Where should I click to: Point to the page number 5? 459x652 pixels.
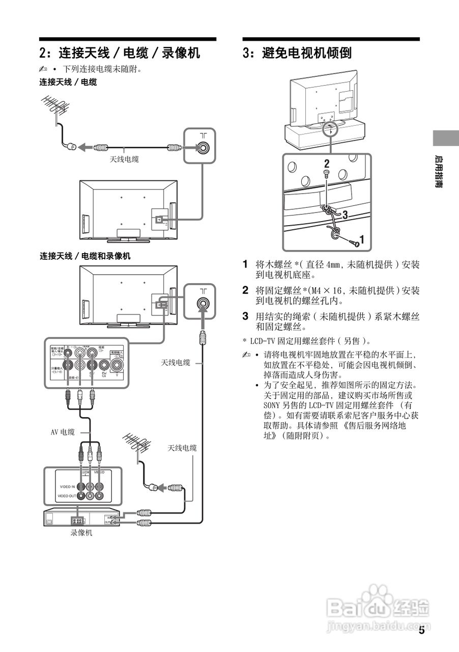point(422,631)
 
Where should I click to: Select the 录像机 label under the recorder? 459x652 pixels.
point(81,533)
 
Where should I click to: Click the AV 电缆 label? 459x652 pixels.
point(62,432)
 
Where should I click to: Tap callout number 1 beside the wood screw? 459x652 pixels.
point(362,238)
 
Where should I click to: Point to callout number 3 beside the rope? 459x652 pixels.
point(345,215)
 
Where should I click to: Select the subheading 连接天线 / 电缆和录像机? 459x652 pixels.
point(85,256)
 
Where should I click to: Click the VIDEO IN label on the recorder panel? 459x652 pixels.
point(66,486)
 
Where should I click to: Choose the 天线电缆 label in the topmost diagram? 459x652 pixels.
point(124,159)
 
